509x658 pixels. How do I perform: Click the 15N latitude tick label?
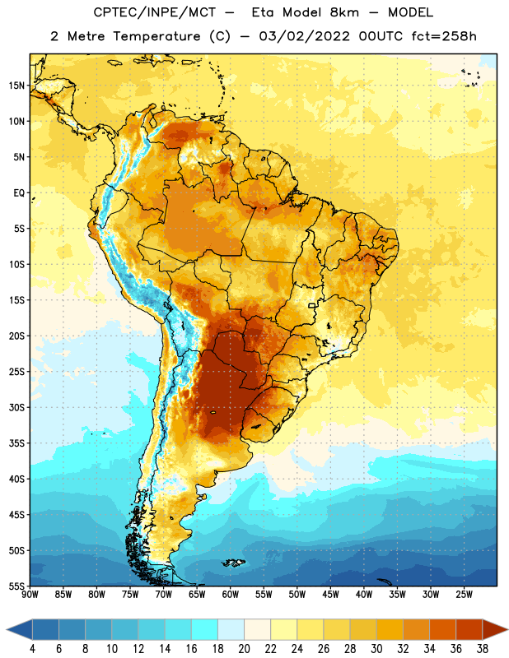tap(16, 86)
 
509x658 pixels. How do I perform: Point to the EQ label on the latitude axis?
tap(19, 193)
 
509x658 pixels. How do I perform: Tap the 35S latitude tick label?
tap(16, 443)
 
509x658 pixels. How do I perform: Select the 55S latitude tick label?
tap(16, 586)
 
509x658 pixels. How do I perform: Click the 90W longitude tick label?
tap(30, 595)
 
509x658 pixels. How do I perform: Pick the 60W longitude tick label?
tap(231, 595)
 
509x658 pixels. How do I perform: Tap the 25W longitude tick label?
tap(464, 595)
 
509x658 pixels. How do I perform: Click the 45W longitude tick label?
tap(330, 595)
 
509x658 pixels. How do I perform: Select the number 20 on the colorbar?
tap(244, 649)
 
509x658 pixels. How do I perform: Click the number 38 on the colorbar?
tap(483, 649)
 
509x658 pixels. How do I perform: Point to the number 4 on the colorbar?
tap(32, 649)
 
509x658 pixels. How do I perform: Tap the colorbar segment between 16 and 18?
tap(205, 629)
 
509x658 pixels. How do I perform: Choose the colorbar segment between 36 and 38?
tap(469, 629)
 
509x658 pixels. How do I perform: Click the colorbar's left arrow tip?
tap(7, 629)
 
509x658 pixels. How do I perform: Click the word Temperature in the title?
tap(156, 36)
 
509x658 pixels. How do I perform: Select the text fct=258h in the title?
tap(444, 36)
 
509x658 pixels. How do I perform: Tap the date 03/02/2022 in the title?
tap(304, 36)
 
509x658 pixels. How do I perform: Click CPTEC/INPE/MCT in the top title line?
tap(155, 12)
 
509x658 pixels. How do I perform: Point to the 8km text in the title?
tap(344, 12)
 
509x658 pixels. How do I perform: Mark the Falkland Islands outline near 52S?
tap(234, 563)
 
